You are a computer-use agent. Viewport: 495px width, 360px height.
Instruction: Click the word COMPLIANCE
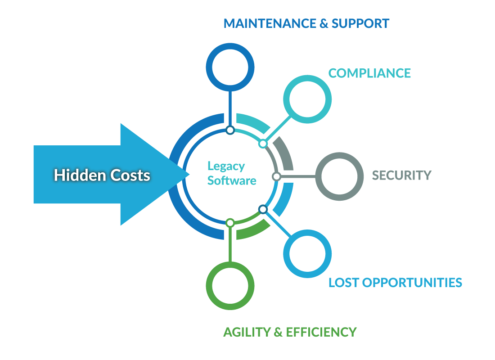tap(369, 73)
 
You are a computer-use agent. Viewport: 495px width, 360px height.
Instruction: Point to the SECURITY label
tap(401, 175)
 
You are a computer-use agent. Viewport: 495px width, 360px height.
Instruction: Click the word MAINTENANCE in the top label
tap(270, 23)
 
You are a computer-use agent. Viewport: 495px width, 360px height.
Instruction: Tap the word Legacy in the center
tap(226, 166)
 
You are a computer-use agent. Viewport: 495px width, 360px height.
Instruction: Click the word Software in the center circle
tap(232, 181)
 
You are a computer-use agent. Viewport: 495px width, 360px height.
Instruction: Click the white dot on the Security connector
tap(276, 176)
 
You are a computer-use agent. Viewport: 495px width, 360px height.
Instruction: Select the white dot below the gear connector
tap(230, 130)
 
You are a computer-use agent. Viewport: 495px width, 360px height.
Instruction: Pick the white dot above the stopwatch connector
tap(230, 223)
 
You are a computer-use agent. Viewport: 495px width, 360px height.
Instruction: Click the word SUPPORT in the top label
tap(360, 23)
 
